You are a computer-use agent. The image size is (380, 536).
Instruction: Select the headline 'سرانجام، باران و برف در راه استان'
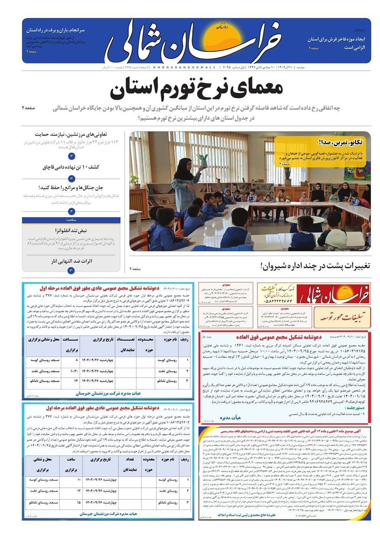click(55, 30)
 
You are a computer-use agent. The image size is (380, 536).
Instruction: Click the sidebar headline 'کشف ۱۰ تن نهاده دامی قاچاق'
click(71, 167)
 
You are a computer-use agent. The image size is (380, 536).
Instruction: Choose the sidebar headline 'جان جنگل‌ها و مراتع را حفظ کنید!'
click(71, 187)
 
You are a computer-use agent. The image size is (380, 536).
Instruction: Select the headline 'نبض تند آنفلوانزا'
click(71, 230)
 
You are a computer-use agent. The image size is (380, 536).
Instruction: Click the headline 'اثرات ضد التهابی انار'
click(72, 261)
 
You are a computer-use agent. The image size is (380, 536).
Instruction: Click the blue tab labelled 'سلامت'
click(72, 220)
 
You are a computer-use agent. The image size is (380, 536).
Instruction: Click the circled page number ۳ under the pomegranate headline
click(71, 270)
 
